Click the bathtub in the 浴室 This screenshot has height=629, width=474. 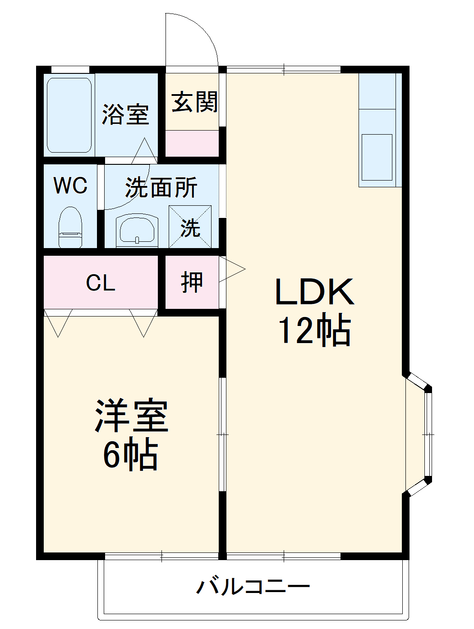click(69, 115)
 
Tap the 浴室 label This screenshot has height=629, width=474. click(125, 114)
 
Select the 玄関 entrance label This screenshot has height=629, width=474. click(194, 102)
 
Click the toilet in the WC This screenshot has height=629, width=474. click(70, 227)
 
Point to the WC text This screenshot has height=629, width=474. click(70, 186)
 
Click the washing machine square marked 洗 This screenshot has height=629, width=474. click(190, 227)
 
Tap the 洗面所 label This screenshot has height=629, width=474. click(161, 187)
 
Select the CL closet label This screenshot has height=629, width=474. click(101, 283)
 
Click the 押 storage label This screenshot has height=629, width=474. click(192, 282)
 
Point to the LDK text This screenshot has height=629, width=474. click(314, 292)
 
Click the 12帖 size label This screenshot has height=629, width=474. click(314, 331)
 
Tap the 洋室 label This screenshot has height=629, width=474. click(131, 416)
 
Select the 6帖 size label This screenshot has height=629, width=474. click(130, 455)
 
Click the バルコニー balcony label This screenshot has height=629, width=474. click(253, 586)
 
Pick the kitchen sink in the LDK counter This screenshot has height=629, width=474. click(377, 157)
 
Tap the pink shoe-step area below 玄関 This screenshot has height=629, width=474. click(192, 143)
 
